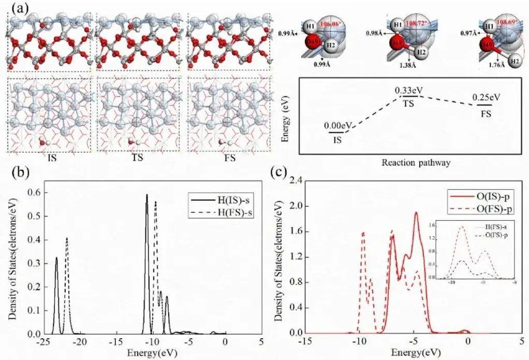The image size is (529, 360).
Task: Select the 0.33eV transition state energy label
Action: tap(409, 91)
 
